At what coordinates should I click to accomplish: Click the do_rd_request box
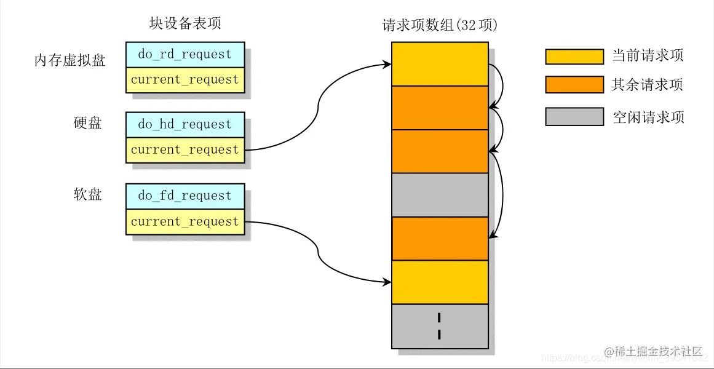click(x=184, y=55)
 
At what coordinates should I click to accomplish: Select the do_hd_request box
click(x=184, y=125)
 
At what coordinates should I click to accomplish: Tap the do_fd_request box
click(x=184, y=196)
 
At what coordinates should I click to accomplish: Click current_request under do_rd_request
click(x=184, y=80)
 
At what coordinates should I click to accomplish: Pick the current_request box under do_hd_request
click(x=184, y=150)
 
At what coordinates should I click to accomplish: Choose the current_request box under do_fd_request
click(x=184, y=222)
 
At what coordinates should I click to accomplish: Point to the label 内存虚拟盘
click(x=69, y=60)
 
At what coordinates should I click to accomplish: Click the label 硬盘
click(x=87, y=123)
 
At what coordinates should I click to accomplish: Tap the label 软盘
click(x=87, y=194)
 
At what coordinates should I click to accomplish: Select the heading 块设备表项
click(x=184, y=23)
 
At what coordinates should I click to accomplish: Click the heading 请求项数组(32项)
click(x=440, y=25)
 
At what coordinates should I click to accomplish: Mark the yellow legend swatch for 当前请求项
click(x=574, y=57)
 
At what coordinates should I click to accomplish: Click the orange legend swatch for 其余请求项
click(x=574, y=85)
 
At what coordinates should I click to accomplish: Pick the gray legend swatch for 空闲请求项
click(x=574, y=117)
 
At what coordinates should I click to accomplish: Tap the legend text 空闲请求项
click(x=648, y=117)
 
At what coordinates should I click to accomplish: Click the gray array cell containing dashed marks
click(x=440, y=326)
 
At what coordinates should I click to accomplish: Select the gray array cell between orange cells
click(x=440, y=195)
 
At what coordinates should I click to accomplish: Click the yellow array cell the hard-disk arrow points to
click(x=440, y=63)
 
